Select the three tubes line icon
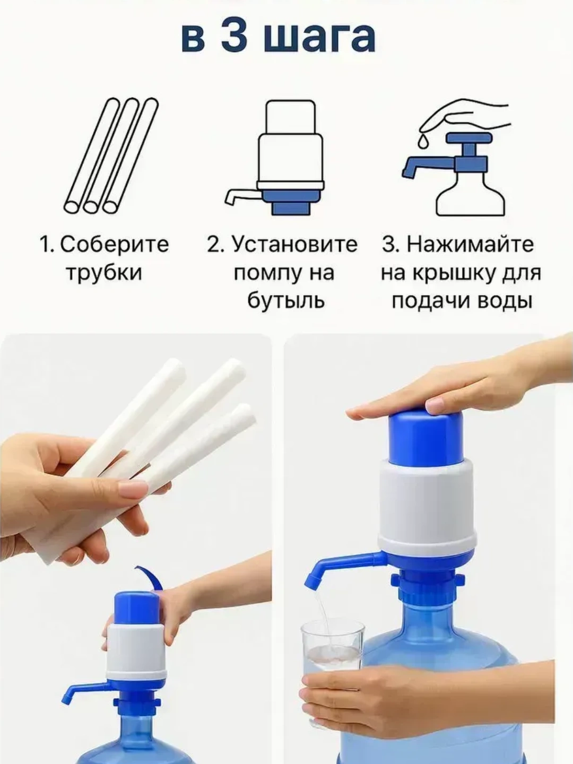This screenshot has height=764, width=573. (111, 155)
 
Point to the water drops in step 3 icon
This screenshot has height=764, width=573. (422, 140)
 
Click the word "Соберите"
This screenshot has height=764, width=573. (114, 245)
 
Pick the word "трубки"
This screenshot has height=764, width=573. (103, 273)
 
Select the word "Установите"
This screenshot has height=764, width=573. (294, 245)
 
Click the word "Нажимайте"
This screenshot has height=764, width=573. (470, 245)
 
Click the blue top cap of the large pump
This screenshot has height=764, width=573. (426, 436)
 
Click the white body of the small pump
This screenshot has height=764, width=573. (137, 647)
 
